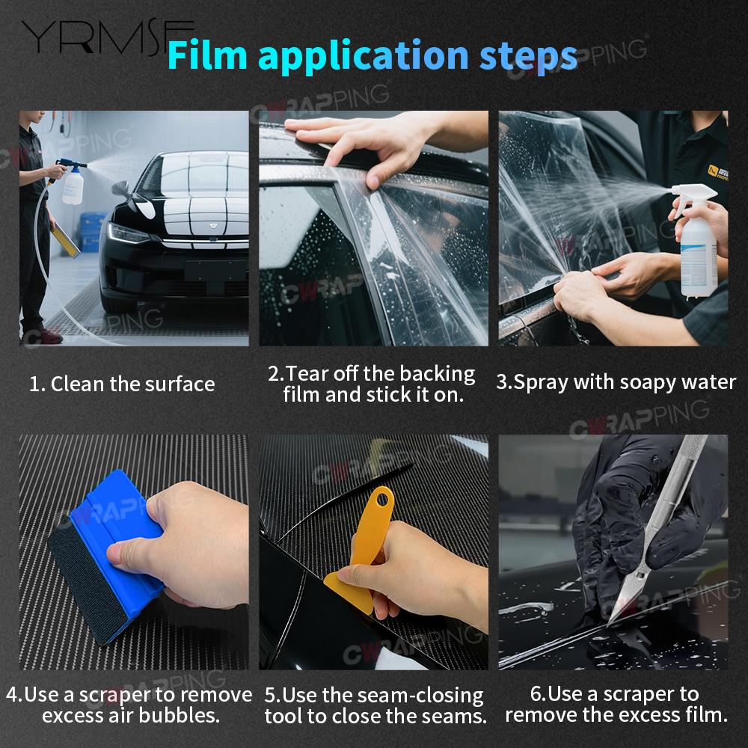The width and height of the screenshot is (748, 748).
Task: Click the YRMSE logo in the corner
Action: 107,37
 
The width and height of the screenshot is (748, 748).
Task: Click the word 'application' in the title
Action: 364,57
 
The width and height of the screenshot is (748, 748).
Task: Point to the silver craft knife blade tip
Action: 608,625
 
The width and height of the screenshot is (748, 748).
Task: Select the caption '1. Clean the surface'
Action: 122,384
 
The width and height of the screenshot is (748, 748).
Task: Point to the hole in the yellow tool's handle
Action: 382,500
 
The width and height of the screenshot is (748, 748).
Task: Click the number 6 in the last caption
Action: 536,694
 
